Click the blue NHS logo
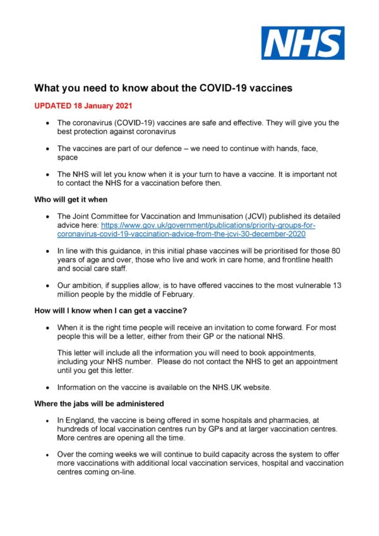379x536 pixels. pos(303,43)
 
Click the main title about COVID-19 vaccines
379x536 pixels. pos(163,88)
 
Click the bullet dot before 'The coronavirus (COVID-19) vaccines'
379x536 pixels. pos(48,123)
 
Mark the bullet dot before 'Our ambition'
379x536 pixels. pos(48,285)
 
